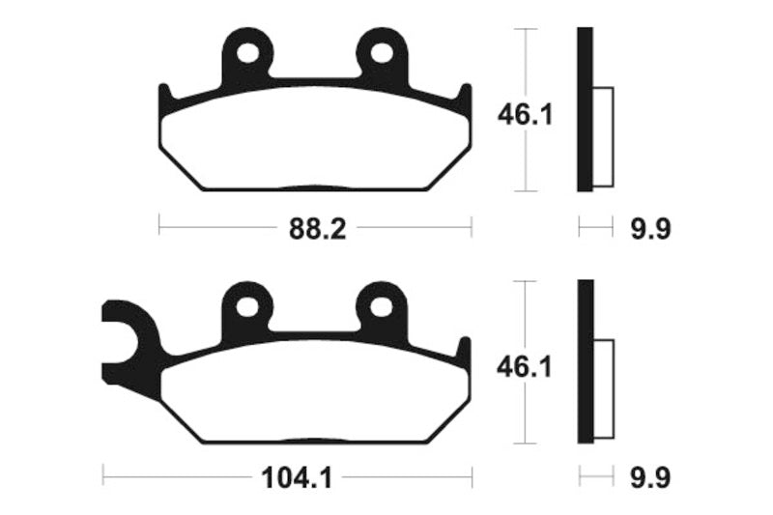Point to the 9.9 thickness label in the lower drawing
point(648,477)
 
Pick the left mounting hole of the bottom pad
point(248,306)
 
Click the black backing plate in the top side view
point(585,109)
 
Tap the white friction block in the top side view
point(603,136)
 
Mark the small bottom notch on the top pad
point(315,187)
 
